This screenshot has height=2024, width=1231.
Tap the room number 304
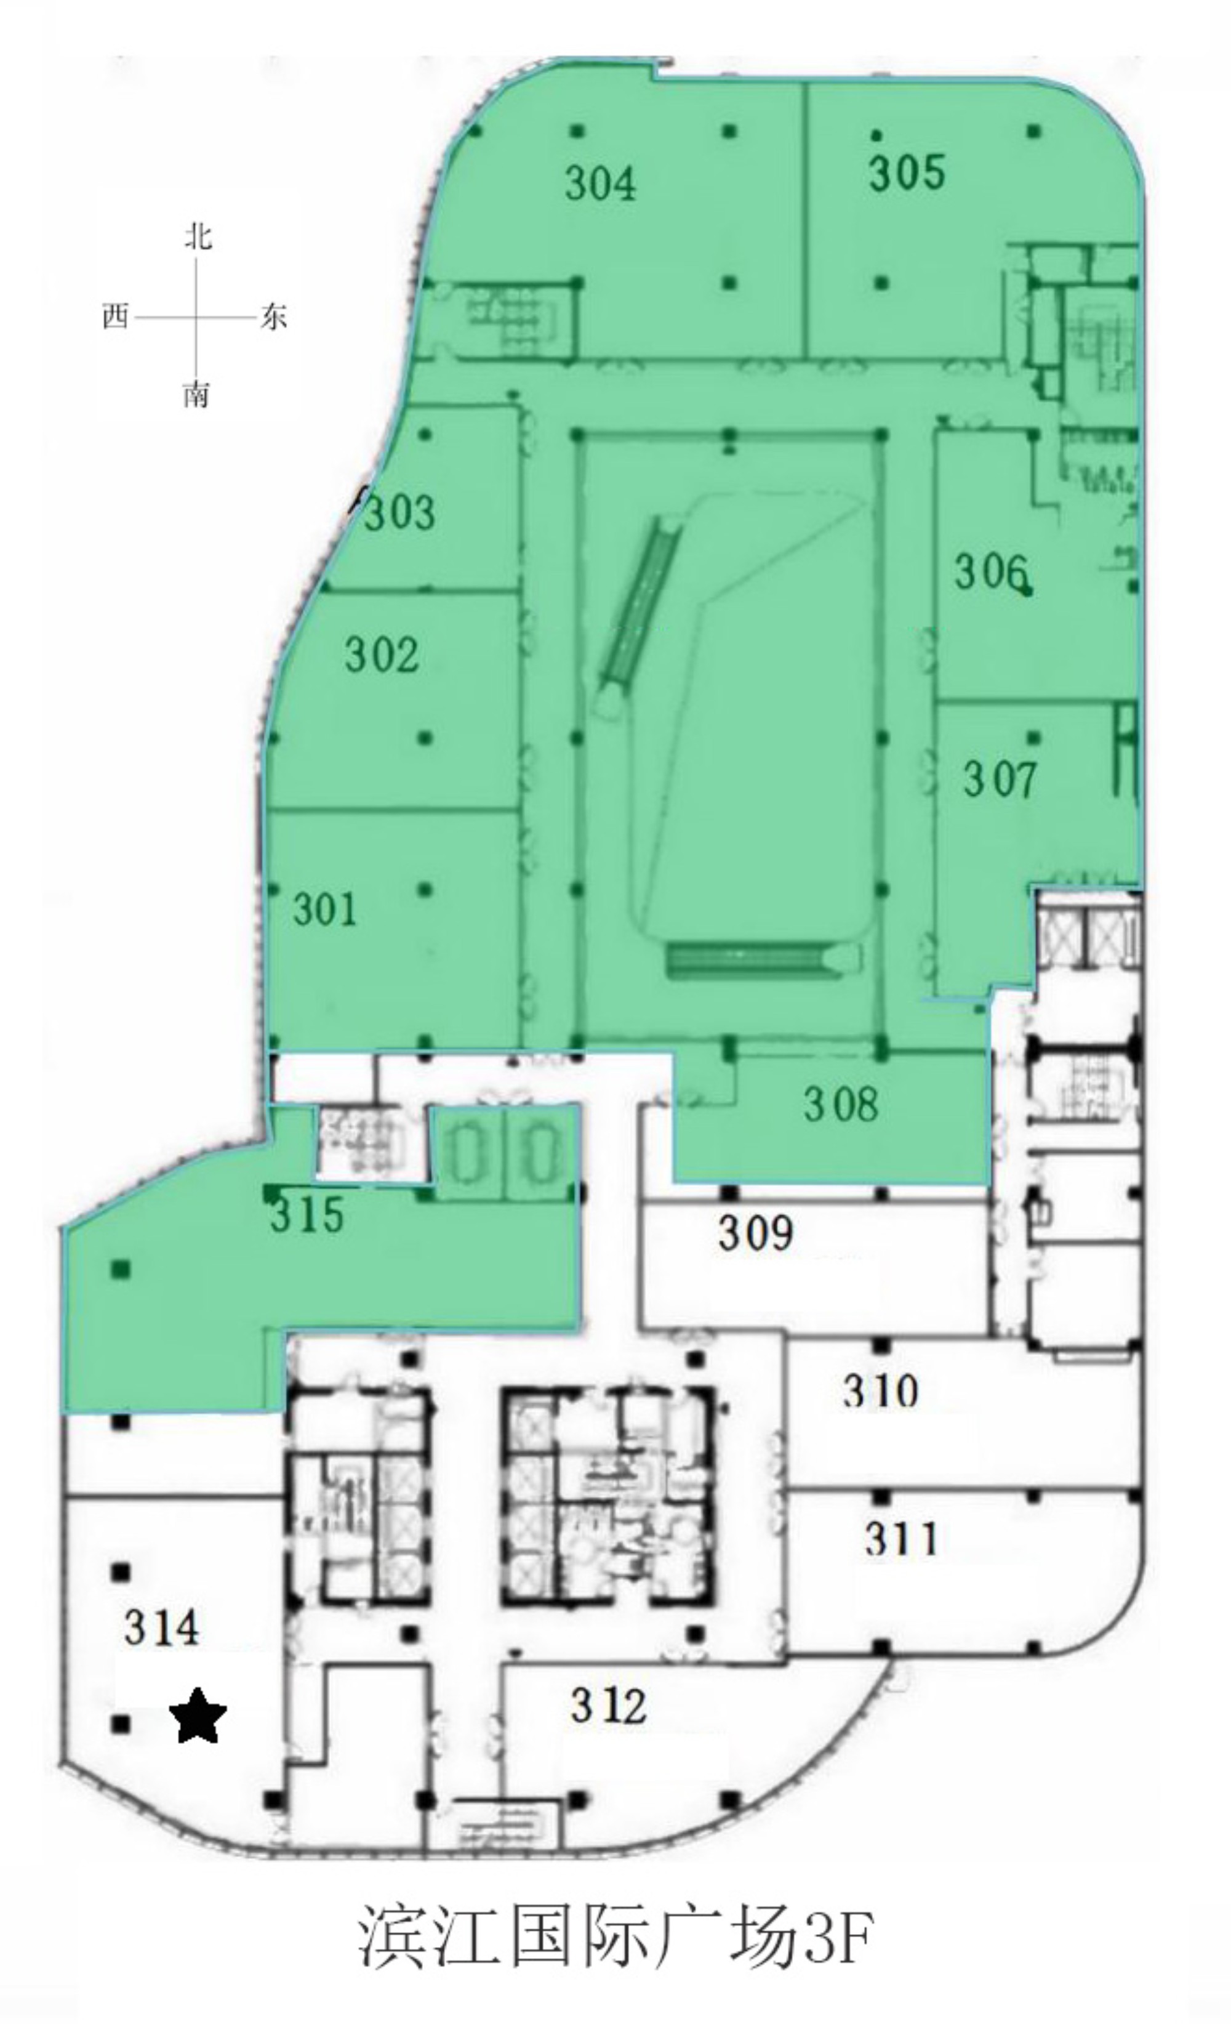(600, 182)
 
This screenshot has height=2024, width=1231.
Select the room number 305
(907, 172)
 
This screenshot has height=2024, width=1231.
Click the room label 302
(382, 655)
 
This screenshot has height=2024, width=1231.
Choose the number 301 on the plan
(325, 909)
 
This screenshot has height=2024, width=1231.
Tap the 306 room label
(990, 571)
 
